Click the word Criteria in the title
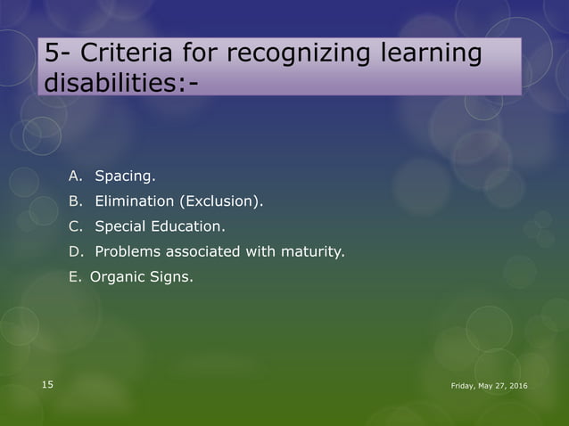[x=120, y=54]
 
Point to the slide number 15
[x=47, y=384]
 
